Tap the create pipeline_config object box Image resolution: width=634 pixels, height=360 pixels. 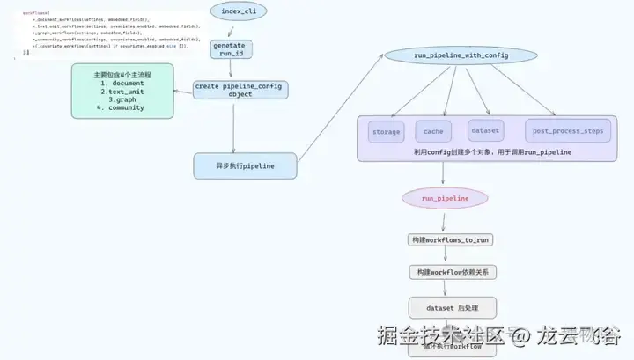[240, 90]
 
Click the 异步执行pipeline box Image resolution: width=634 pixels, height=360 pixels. [246, 165]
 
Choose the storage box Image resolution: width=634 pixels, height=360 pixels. [386, 132]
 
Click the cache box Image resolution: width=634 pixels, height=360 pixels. [433, 132]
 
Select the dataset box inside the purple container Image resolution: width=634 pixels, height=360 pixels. [484, 130]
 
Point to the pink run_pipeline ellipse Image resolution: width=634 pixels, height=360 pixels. [446, 199]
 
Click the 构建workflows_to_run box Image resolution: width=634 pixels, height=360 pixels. [451, 239]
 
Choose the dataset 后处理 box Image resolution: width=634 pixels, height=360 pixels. [453, 307]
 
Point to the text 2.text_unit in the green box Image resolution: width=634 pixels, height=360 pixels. [122, 92]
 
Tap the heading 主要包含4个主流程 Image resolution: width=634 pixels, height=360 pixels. [122, 75]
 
